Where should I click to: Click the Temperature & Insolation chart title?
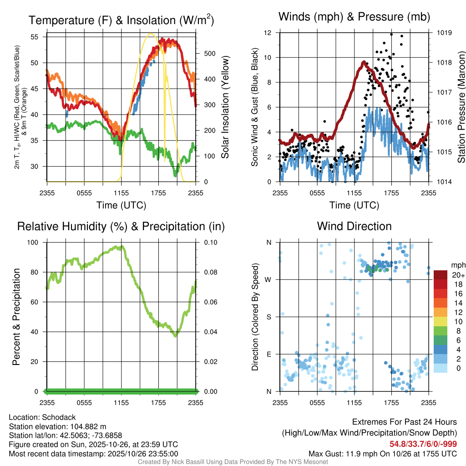click(x=121, y=20)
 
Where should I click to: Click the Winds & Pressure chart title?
click(x=354, y=17)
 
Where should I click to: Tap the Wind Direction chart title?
click(x=354, y=226)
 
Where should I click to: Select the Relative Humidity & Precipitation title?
click(x=121, y=226)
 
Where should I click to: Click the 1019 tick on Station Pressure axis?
click(x=444, y=33)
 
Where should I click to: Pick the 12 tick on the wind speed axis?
click(x=268, y=33)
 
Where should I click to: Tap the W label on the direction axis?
click(x=268, y=279)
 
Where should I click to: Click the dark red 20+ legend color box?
click(x=441, y=275)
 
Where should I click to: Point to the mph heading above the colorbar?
click(x=457, y=265)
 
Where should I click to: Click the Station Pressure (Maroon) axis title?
click(x=461, y=107)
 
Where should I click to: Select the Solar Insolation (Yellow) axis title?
click(x=224, y=107)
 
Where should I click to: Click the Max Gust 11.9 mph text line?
click(x=383, y=454)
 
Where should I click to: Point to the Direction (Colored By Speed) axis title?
click(x=255, y=316)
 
